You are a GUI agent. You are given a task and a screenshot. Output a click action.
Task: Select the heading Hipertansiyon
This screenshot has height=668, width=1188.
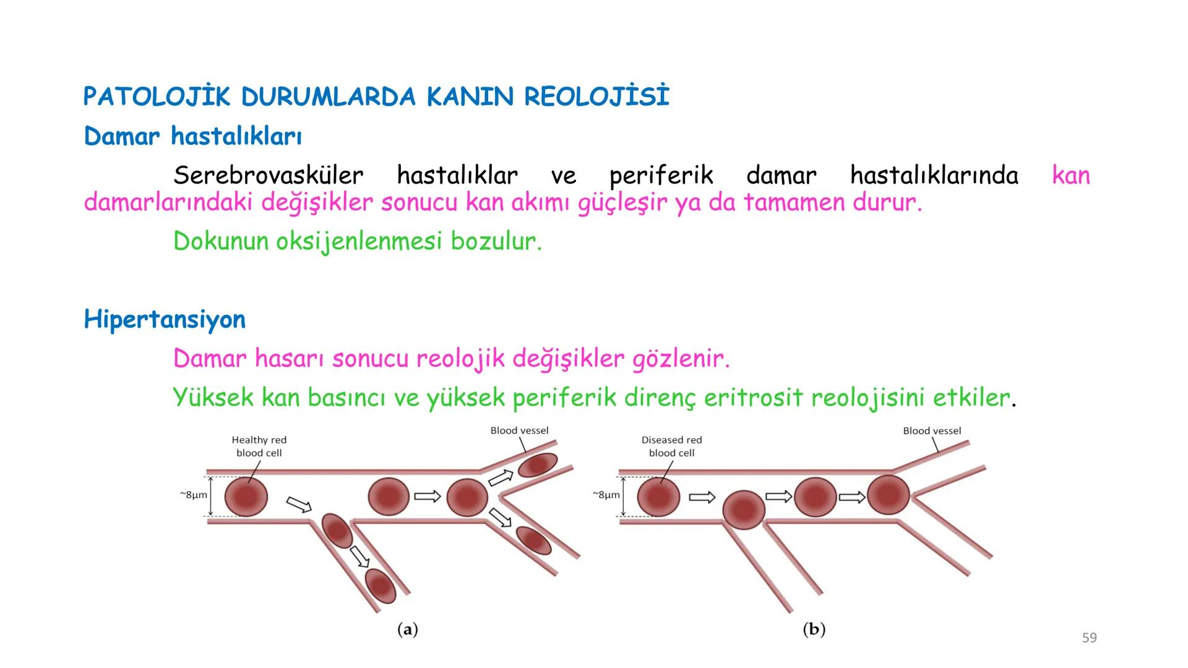coord(165,320)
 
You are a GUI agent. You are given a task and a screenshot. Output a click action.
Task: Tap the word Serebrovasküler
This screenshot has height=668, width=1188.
coord(268,176)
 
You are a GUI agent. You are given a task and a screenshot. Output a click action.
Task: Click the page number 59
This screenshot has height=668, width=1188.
coord(1089,638)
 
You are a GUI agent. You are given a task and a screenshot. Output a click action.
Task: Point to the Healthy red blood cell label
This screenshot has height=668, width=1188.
coord(259,447)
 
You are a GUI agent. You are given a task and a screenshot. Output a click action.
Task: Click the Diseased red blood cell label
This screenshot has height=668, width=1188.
coord(671,447)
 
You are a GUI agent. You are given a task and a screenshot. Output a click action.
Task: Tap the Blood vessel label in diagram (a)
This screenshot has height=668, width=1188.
coord(519,430)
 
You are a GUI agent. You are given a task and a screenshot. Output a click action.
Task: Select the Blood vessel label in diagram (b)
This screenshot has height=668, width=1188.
coord(932,430)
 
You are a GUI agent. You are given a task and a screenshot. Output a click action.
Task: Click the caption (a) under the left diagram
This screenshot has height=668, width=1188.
coord(407,630)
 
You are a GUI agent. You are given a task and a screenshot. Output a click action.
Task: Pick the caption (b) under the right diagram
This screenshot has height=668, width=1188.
coord(814,630)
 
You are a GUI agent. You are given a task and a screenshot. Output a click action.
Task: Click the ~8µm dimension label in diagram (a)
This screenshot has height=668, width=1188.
coord(193,495)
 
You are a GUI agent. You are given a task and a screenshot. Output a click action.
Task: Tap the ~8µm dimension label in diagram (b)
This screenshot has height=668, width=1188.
coord(606,495)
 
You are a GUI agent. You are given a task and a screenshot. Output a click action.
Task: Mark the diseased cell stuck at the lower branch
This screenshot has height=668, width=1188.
coord(744,510)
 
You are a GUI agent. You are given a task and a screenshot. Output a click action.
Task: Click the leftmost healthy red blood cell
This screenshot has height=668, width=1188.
coord(246,496)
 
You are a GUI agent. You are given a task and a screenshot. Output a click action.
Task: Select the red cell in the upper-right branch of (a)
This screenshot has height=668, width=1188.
coord(538,465)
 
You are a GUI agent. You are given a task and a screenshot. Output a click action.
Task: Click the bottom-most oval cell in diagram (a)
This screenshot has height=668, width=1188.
coord(380,585)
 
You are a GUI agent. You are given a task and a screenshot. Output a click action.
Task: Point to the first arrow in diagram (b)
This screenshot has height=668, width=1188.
coord(702,497)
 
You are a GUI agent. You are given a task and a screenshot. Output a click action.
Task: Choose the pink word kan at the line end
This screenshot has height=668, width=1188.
coord(1070,176)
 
